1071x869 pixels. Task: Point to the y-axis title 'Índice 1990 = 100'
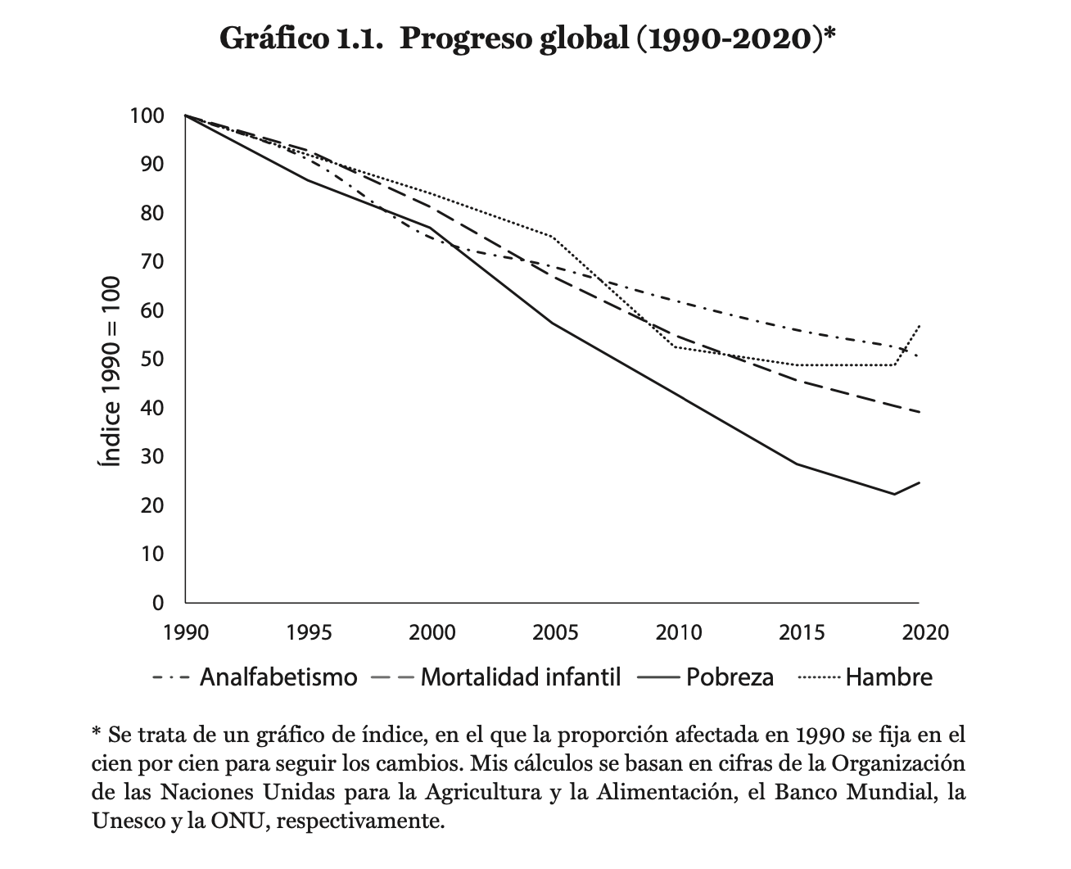click(x=110, y=371)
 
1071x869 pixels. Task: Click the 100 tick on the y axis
click(x=147, y=115)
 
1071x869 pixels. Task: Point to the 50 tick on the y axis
click(x=152, y=359)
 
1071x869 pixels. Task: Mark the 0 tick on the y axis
click(x=158, y=603)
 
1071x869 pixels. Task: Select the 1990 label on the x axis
click(x=185, y=632)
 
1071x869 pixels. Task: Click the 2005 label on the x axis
click(x=554, y=632)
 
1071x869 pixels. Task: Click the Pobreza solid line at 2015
click(x=797, y=464)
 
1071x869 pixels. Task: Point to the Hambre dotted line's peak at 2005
click(x=554, y=238)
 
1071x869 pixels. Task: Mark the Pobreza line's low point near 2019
click(x=894, y=494)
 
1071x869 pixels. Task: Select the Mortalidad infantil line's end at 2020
click(x=920, y=412)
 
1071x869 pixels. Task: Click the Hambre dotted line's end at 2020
click(x=920, y=326)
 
